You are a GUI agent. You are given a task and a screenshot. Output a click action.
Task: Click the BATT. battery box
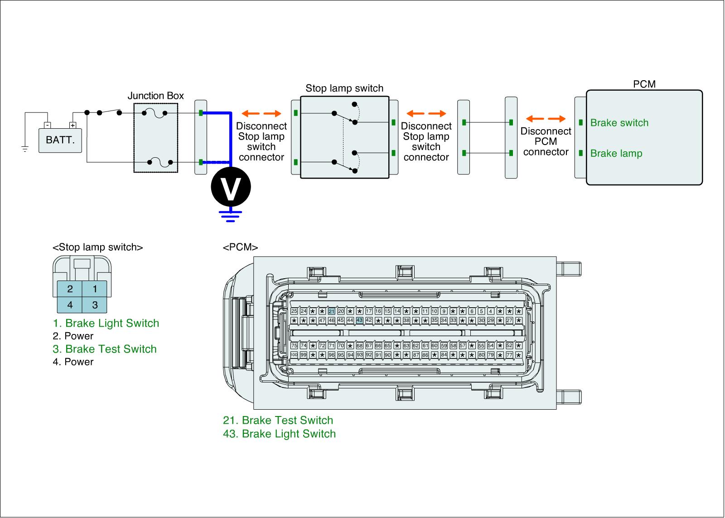click(60, 140)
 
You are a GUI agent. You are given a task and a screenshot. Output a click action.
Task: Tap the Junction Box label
click(155, 96)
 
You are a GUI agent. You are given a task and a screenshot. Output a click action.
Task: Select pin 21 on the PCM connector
click(331, 311)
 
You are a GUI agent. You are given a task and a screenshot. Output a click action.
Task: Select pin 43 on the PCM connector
click(359, 320)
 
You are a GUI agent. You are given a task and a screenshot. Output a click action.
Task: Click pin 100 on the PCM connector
click(294, 355)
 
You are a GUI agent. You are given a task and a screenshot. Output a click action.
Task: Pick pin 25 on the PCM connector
click(294, 311)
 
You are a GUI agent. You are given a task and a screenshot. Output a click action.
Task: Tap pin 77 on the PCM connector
click(509, 355)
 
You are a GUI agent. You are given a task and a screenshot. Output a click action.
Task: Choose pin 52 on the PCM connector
click(509, 346)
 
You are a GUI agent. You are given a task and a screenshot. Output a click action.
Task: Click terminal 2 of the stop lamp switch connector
click(70, 289)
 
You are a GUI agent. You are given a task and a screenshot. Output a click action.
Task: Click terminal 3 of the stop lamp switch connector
click(95, 305)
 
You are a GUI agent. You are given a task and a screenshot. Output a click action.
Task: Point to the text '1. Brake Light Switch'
click(106, 323)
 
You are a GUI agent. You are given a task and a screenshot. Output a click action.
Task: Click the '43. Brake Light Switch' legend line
click(279, 434)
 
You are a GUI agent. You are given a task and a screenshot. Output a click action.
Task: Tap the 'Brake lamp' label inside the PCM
click(616, 153)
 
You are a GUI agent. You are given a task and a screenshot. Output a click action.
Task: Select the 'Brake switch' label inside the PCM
click(619, 123)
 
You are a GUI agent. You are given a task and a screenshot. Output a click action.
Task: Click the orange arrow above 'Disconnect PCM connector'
click(546, 119)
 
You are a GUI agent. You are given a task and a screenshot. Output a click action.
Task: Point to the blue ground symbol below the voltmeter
click(230, 215)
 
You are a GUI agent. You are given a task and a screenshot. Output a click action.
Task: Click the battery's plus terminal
click(72, 125)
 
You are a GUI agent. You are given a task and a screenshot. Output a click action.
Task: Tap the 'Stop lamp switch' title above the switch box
click(344, 88)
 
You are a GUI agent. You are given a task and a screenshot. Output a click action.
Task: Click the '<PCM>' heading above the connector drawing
click(240, 247)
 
